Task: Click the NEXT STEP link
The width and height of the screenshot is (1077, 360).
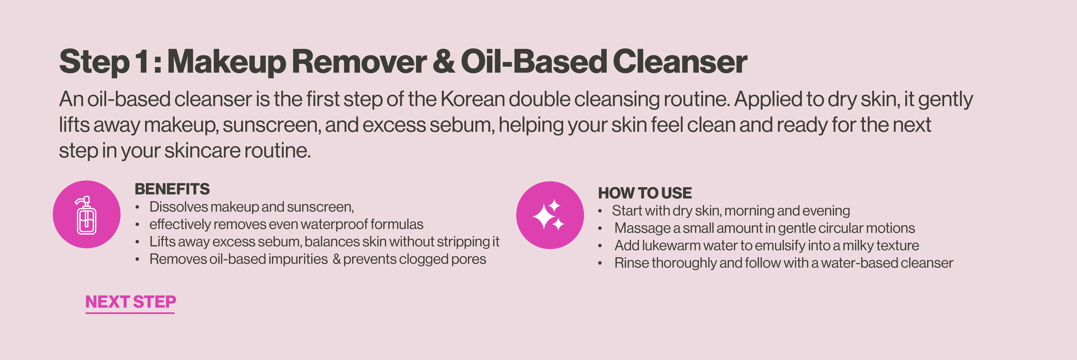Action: point(130,302)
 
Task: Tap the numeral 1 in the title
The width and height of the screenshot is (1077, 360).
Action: point(141,61)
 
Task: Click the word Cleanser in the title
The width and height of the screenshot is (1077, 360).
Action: point(680,61)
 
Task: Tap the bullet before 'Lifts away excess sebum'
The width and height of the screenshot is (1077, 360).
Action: point(137,242)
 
